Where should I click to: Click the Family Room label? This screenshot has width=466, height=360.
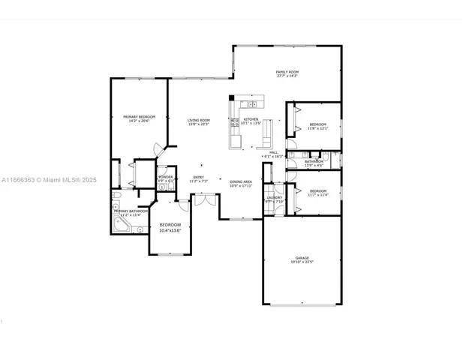[x=287, y=72]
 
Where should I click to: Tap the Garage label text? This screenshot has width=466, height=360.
[x=302, y=258]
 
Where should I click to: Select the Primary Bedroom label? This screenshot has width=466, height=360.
[x=139, y=116]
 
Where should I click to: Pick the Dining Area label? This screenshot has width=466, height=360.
[x=240, y=181]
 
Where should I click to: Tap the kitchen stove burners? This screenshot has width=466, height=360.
[x=236, y=122]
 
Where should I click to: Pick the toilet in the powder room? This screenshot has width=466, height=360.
[x=170, y=187]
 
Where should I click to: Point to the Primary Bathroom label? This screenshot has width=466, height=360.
[x=128, y=211]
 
